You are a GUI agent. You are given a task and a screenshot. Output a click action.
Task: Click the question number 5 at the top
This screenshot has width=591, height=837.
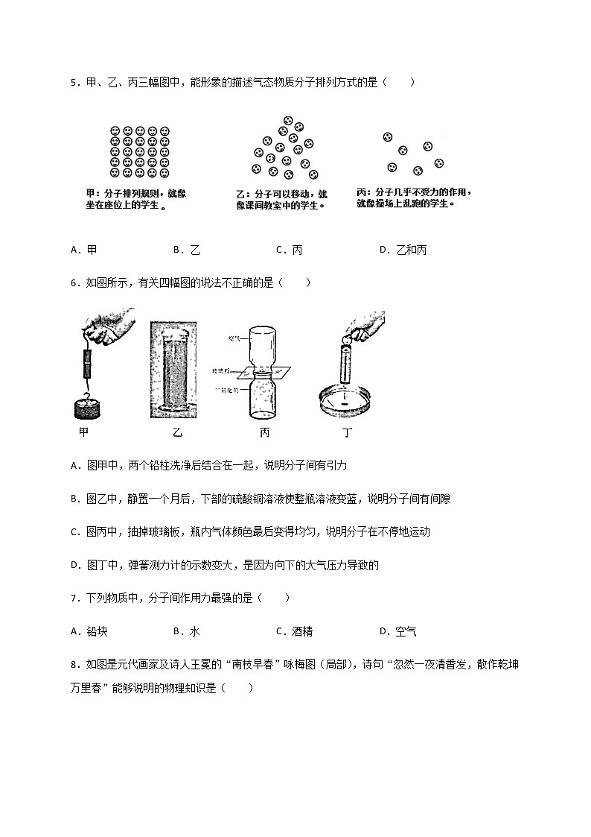tap(74, 83)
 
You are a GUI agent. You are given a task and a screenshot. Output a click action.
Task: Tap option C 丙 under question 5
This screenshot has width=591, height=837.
tap(290, 250)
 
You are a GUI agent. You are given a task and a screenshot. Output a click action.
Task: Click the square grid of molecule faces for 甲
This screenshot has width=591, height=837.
tap(140, 151)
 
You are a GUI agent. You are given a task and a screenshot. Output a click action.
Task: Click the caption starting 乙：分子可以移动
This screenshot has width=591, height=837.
tap(281, 200)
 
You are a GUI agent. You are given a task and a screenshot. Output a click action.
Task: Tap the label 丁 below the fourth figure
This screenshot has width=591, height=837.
tap(347, 432)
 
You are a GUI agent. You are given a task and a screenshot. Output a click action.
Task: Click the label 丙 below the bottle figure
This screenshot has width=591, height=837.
tap(264, 432)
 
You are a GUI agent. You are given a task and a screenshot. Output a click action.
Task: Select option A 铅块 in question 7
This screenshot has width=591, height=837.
tap(89, 631)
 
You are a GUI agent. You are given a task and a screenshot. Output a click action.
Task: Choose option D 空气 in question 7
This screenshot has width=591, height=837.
tap(398, 631)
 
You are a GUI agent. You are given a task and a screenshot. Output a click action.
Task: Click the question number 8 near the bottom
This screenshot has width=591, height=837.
tap(74, 664)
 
